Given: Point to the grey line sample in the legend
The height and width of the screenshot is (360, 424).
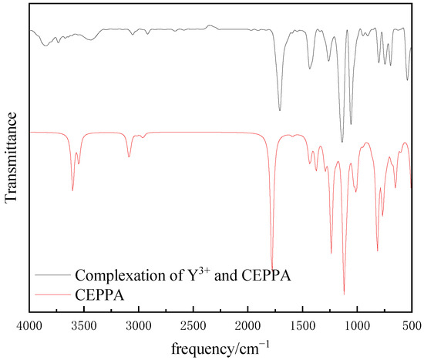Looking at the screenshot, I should pos(51,275).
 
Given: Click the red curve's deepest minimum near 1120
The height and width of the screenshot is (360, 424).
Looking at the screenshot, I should pos(344,294).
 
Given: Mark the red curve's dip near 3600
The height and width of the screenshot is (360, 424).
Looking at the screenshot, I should pos(72,190).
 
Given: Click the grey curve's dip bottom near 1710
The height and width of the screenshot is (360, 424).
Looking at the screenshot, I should pos(280,110).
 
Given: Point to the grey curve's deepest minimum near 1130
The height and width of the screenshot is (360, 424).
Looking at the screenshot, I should pos(342,142).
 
